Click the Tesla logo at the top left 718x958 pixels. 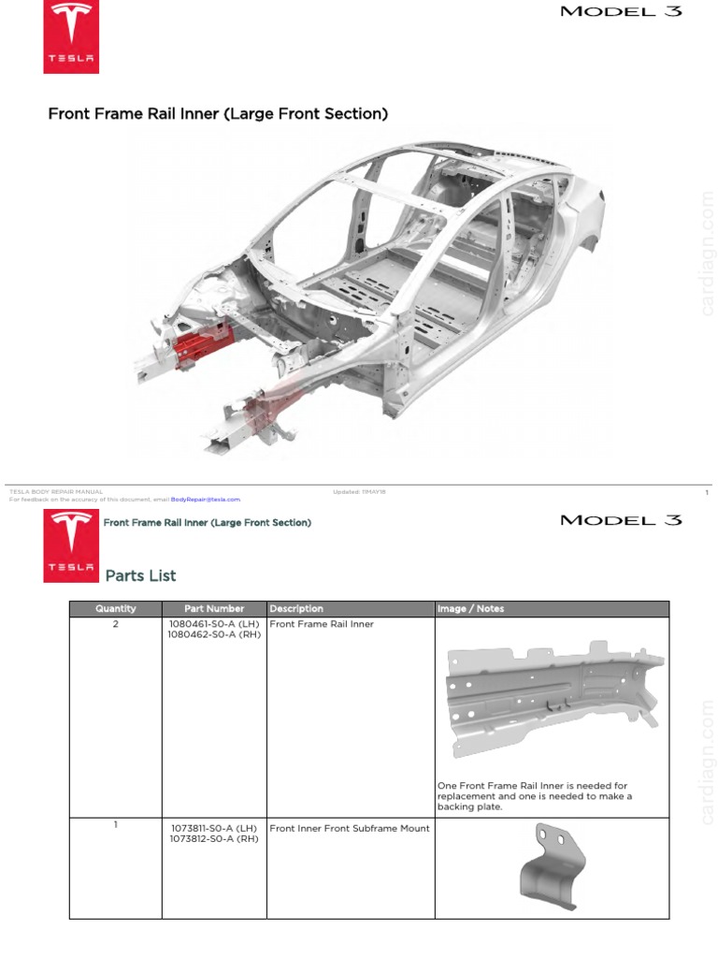tap(71, 37)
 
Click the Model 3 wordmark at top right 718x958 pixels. tap(621, 12)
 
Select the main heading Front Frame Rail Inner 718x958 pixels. tap(218, 114)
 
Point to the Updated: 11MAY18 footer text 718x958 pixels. tap(361, 491)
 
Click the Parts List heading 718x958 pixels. tap(140, 575)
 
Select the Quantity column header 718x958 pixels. tap(116, 609)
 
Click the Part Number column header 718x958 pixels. tap(214, 609)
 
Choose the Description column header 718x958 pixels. tap(296, 609)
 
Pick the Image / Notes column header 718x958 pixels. tap(470, 609)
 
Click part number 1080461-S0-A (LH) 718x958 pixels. tap(214, 624)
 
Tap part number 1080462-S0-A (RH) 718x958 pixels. tap(214, 634)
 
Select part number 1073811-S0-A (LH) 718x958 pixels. tap(214, 828)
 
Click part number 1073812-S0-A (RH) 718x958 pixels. tap(214, 838)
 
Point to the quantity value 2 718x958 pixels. tap(116, 624)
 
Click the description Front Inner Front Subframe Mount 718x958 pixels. tap(350, 828)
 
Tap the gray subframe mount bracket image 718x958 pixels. tap(553, 868)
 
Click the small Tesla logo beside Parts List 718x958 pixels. tap(71, 547)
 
